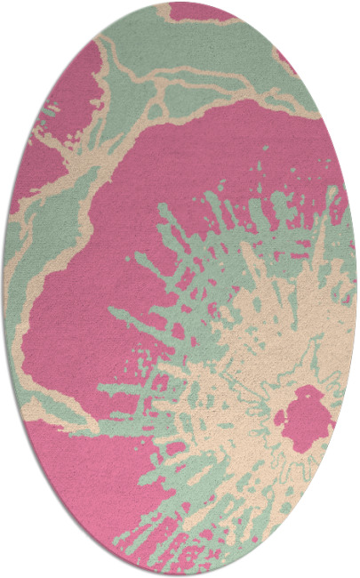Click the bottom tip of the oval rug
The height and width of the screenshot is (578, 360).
180,574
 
